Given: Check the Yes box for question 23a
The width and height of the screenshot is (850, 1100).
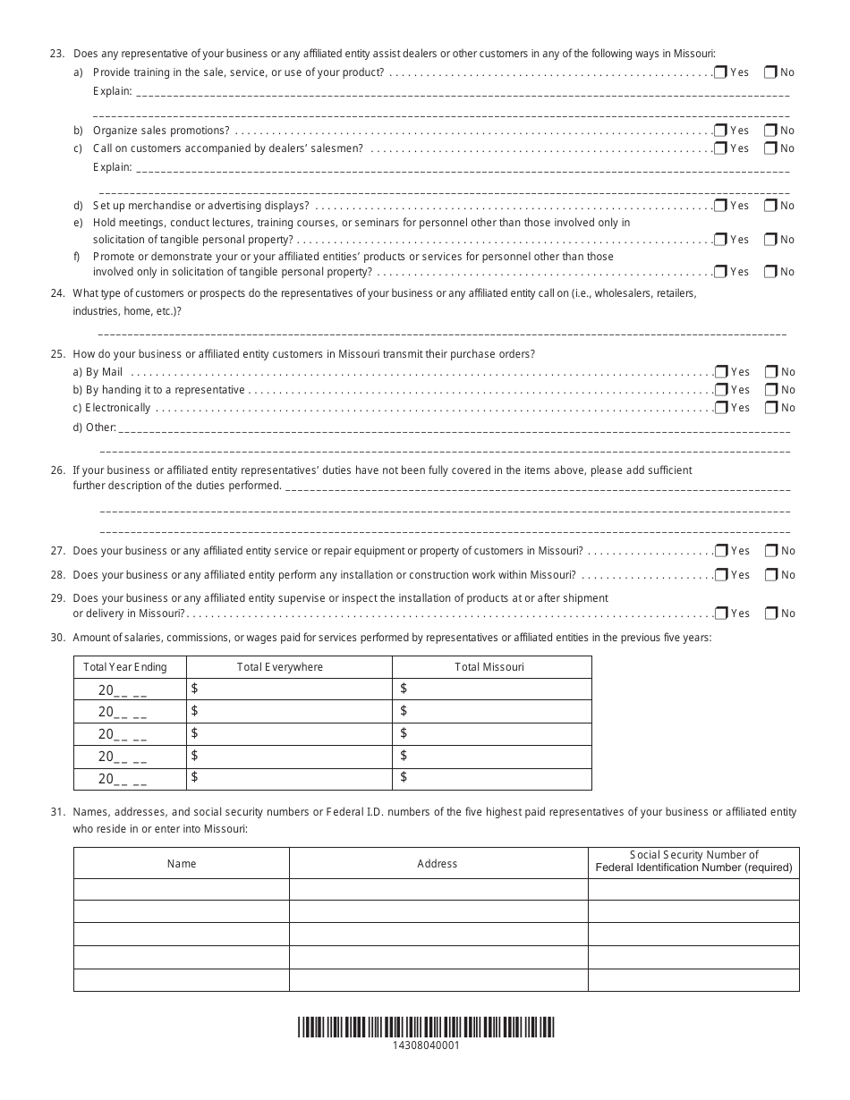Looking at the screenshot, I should pyautogui.click(x=720, y=72).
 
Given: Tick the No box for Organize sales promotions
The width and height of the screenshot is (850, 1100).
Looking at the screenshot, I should pyautogui.click(x=770, y=131).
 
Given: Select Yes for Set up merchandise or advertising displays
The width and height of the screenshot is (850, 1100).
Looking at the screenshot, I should pyautogui.click(x=720, y=206).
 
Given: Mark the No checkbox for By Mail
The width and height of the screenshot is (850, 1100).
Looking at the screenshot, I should pyautogui.click(x=770, y=372).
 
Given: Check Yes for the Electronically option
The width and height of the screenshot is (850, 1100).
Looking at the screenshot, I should pyautogui.click(x=720, y=408).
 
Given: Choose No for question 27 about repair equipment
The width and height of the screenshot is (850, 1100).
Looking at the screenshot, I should pyautogui.click(x=770, y=551).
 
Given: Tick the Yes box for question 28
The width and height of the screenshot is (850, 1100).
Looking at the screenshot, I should pyautogui.click(x=720, y=575).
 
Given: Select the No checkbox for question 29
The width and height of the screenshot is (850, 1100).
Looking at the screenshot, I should pyautogui.click(x=770, y=613).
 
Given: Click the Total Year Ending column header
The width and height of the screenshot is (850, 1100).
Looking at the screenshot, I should pyautogui.click(x=130, y=667).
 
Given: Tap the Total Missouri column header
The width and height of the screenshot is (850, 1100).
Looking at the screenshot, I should pyautogui.click(x=491, y=667).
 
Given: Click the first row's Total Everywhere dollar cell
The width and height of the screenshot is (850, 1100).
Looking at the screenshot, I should pyautogui.click(x=289, y=689).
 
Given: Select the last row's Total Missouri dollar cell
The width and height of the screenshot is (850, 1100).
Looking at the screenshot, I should pyautogui.click(x=491, y=778).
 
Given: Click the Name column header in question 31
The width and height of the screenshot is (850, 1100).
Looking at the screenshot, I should pyautogui.click(x=182, y=864).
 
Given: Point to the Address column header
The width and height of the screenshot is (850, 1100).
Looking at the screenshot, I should pyautogui.click(x=438, y=864).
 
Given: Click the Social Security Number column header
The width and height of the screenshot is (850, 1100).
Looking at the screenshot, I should pyautogui.click(x=693, y=861).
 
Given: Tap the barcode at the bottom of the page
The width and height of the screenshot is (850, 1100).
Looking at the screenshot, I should pyautogui.click(x=426, y=1027).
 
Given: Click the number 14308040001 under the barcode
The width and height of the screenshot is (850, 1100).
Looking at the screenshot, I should pyautogui.click(x=426, y=1045).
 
